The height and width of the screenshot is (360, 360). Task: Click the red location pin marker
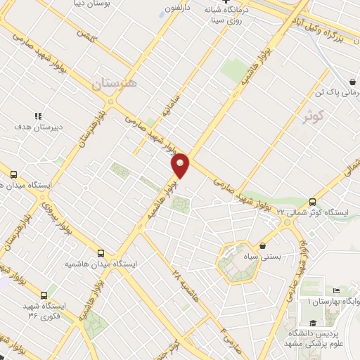coord(181,165)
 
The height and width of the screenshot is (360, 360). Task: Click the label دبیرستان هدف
coord(39,127)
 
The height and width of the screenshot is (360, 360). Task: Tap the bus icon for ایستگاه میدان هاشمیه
coord(101,252)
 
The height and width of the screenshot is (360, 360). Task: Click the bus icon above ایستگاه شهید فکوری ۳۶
coord(44,295)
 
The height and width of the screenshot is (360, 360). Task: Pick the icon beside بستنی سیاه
coord(263,246)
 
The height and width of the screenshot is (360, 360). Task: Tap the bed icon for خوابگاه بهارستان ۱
coord(337,290)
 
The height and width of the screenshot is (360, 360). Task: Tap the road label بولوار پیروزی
coord(56,219)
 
